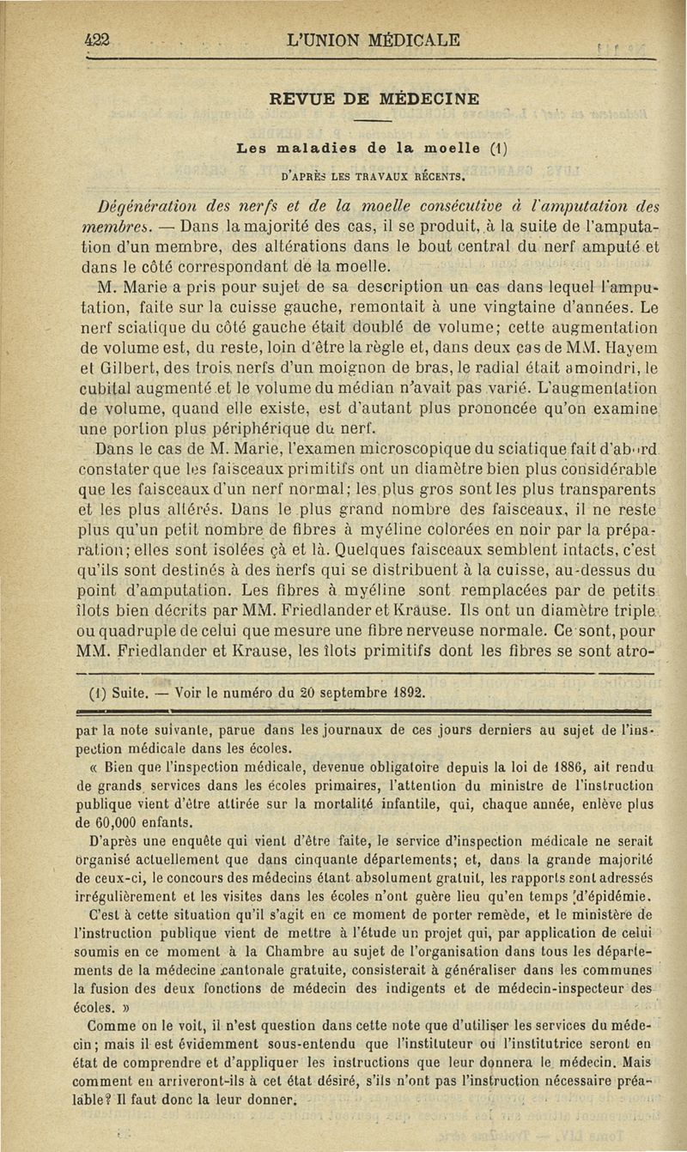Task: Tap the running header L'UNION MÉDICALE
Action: [374, 39]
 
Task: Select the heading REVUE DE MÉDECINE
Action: [375, 99]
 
